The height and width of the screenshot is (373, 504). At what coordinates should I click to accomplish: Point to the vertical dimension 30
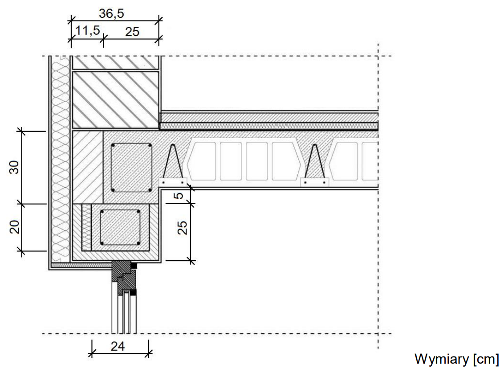tap(14, 167)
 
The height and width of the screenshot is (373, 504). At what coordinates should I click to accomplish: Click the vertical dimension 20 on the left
tap(14, 227)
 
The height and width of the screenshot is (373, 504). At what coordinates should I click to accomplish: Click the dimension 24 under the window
tap(118, 346)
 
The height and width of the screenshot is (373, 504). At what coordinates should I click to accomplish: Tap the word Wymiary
tap(441, 359)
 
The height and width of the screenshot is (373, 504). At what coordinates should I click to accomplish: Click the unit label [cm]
tap(485, 359)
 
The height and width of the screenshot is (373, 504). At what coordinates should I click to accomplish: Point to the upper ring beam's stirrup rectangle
tap(131, 168)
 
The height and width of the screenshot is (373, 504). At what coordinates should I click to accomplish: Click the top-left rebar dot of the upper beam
tap(114, 146)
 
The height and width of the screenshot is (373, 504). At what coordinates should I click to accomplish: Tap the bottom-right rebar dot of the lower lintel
tap(138, 243)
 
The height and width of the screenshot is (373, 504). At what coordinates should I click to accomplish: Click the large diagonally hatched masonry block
tap(115, 99)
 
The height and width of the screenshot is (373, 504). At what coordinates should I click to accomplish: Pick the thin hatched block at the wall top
tap(115, 63)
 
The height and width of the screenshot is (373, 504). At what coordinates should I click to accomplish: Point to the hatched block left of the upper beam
tap(87, 167)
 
